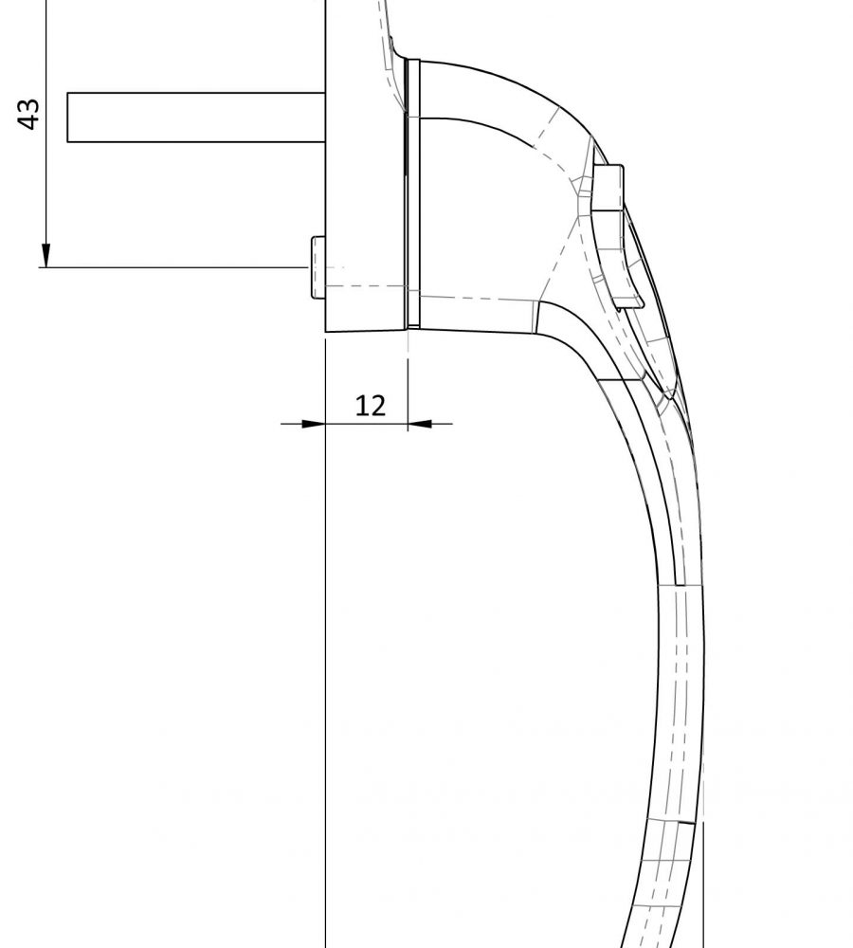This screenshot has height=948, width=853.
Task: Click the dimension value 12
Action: tap(371, 406)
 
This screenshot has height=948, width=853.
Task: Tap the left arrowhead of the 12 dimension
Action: tap(313, 423)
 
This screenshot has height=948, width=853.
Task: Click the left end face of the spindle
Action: tap(68, 118)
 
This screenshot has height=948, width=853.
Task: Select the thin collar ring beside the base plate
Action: tap(411, 190)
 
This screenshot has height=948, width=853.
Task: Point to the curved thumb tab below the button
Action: tap(626, 275)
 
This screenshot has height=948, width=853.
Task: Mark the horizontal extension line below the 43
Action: tap(171, 267)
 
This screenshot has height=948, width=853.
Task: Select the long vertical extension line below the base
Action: tap(325, 664)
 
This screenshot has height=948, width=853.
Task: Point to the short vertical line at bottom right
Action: tap(704, 882)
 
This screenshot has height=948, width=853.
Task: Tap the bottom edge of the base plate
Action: tap(366, 331)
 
